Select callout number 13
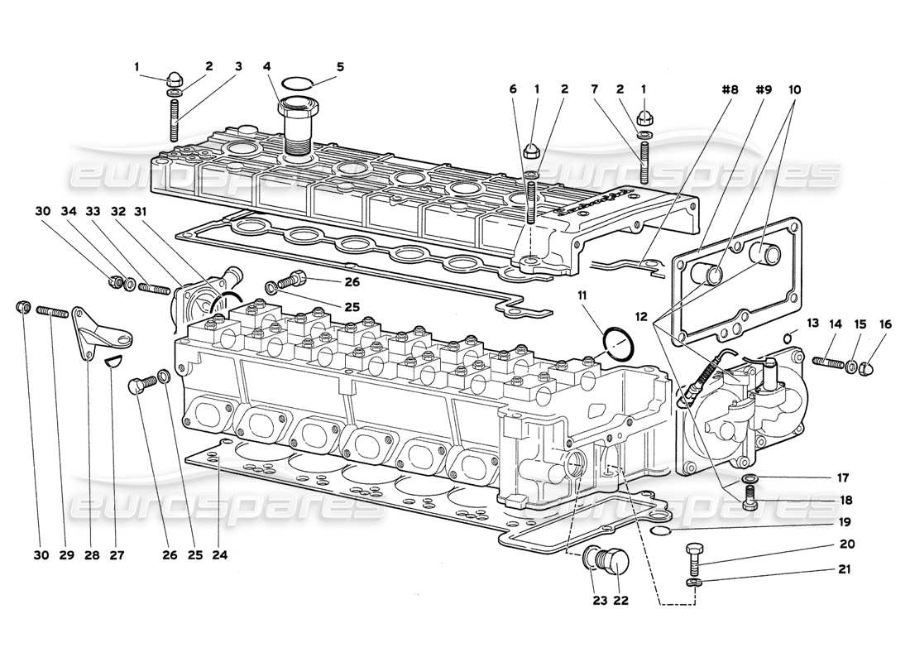[811, 323]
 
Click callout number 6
[513, 89]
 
